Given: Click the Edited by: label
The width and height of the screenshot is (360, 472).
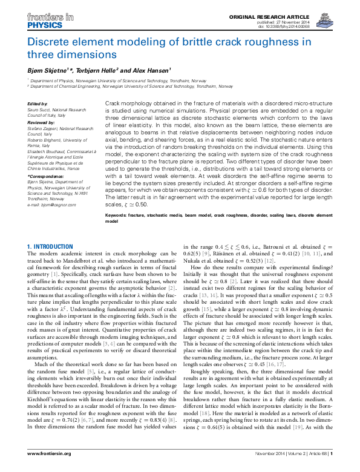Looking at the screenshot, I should (x=38, y=103).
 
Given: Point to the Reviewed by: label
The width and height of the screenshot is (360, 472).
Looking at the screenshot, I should (x=41, y=122).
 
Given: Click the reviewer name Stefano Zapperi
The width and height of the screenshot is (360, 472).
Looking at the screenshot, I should (x=48, y=128).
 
